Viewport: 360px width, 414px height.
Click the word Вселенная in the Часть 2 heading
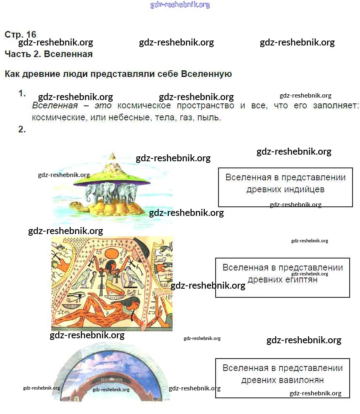tap(68, 54)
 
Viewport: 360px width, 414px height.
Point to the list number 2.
tap(22, 129)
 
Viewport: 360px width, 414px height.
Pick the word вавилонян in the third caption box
tap(300, 380)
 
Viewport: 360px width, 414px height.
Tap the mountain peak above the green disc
tap(112, 157)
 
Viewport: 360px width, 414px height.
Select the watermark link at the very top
tap(180, 5)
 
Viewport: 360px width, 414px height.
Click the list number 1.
tap(22, 94)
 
